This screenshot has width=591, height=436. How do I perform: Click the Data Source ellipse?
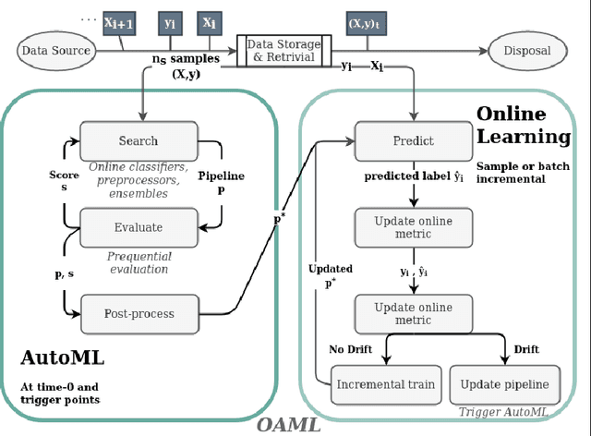coord(57,52)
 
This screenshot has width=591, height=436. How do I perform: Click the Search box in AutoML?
coord(138,141)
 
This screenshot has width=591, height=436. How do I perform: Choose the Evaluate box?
coord(138,227)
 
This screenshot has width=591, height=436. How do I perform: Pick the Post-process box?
coord(139,313)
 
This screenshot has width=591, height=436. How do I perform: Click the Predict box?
coord(413,141)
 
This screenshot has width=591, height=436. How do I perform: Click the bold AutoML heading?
coord(62,357)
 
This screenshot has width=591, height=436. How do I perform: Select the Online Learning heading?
coord(523,126)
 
